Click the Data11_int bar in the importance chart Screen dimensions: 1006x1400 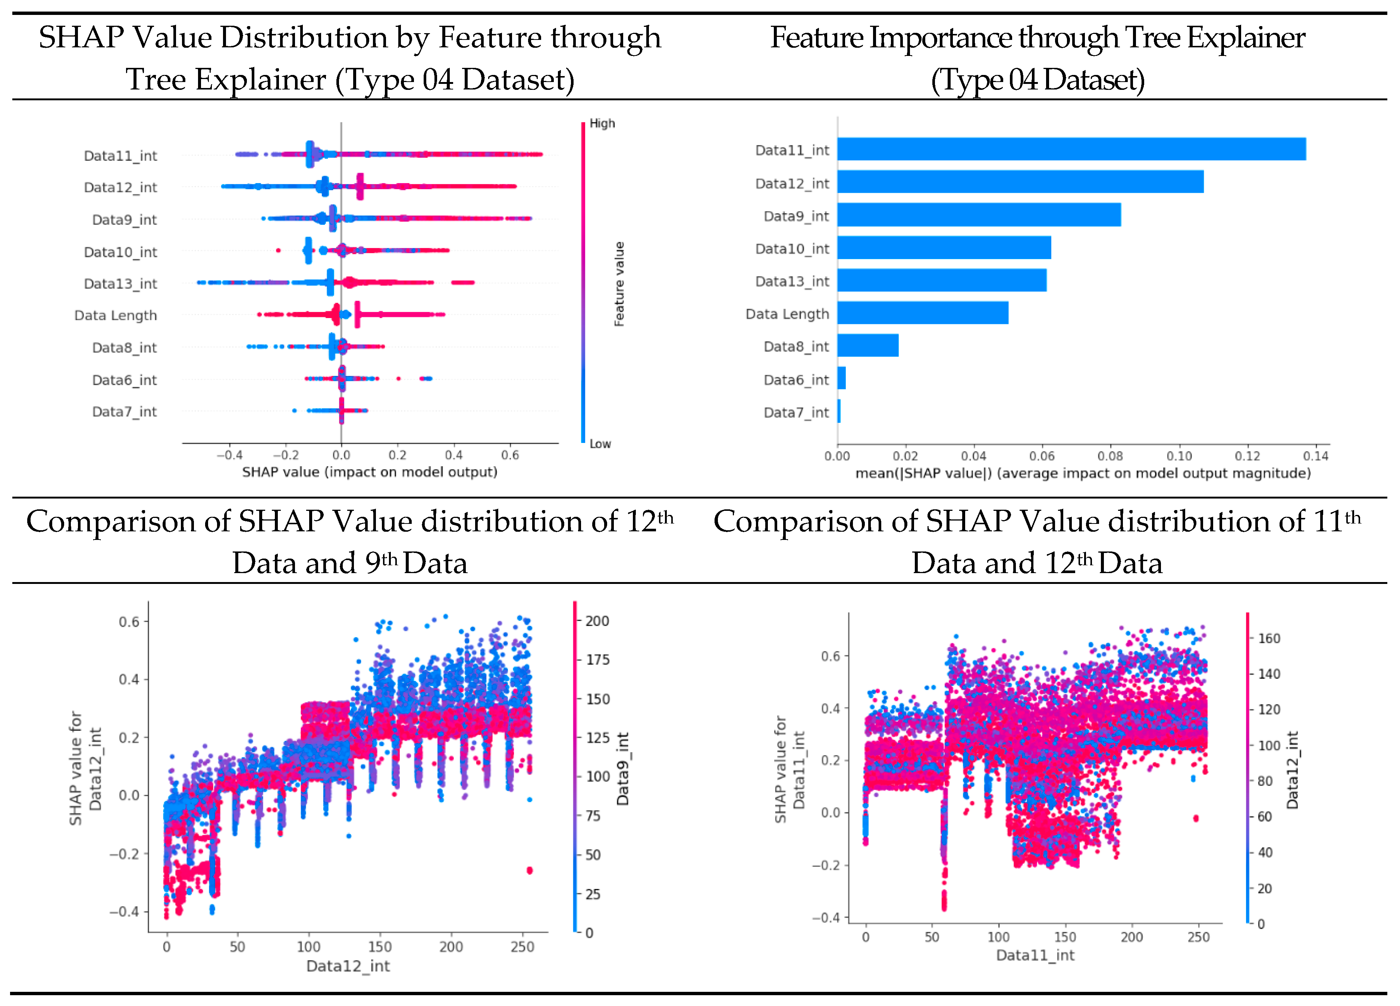tap(1071, 150)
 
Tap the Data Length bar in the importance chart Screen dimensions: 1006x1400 tap(922, 313)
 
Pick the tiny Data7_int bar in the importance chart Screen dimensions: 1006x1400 tap(839, 411)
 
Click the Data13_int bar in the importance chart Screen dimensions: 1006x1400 tap(941, 280)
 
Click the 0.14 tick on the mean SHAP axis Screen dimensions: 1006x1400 tap(1315, 456)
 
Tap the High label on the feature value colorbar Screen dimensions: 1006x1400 tap(602, 123)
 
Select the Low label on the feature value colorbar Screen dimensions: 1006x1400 tap(599, 444)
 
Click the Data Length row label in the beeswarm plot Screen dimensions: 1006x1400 tap(116, 315)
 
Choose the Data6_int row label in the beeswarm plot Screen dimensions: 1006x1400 tap(124, 380)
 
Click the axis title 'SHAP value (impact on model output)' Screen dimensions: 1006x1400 tap(369, 472)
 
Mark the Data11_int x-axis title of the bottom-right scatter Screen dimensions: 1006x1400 tap(1035, 955)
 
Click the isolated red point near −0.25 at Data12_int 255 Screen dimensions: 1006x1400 tap(529, 870)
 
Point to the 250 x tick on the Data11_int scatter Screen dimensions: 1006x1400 tap(1198, 937)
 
